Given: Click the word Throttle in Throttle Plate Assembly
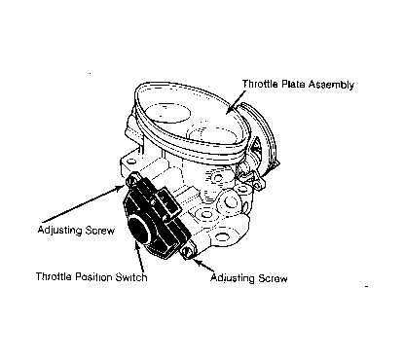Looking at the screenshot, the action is pos(260,84).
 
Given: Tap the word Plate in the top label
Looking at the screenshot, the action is pos(293,84).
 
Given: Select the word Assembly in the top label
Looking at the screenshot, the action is pos(331,85).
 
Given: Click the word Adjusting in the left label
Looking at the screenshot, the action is pos(59,231).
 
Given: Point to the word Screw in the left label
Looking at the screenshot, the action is pos(100,231).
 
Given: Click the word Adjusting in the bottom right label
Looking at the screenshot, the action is pos(233,278).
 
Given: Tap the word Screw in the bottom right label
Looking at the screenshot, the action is pos(273,278).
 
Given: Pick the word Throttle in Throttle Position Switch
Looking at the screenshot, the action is pos(54,276).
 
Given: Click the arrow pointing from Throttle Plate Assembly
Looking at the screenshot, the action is pos(236,102).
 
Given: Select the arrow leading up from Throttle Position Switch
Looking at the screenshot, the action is pos(139,256).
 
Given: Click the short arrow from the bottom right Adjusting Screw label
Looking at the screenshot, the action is pos(202,266).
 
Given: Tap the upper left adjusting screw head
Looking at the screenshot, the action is pos(133,179).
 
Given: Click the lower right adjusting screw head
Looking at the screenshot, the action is pos(188,253).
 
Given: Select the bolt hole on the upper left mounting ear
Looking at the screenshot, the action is pos(131,162).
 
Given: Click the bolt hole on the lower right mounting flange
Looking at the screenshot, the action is pos(221,237).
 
